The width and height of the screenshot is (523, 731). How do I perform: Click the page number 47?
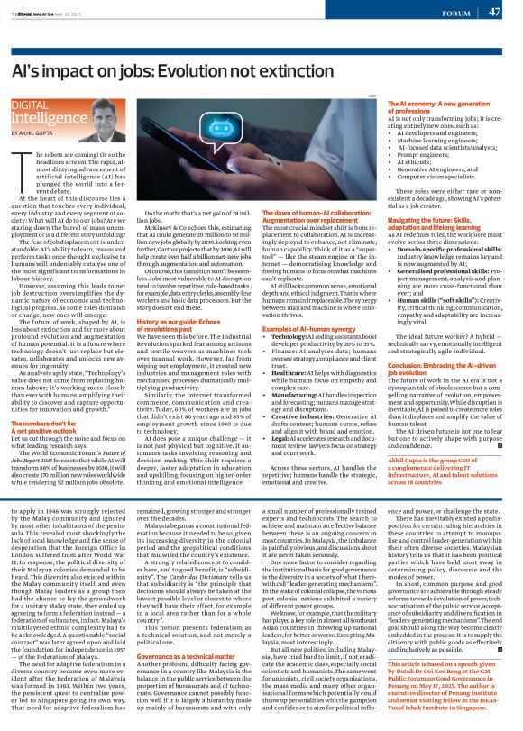[494, 12]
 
